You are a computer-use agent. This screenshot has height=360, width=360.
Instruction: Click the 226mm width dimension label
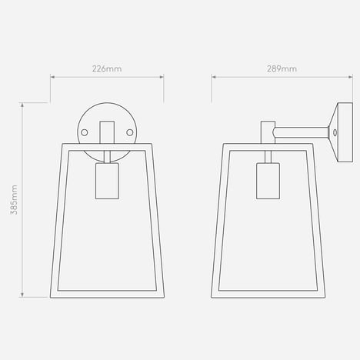click(107, 68)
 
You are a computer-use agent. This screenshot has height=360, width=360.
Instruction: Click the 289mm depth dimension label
click(282, 68)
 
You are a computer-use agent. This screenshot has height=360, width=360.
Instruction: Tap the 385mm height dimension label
click(14, 200)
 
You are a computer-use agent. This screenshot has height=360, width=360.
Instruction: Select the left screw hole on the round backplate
click(85, 132)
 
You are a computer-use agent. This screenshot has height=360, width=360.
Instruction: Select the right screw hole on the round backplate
click(130, 132)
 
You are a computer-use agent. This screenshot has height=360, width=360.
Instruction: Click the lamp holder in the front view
click(107, 181)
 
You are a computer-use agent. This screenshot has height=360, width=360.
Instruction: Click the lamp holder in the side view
click(268, 181)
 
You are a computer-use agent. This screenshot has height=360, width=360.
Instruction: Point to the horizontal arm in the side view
click(301, 132)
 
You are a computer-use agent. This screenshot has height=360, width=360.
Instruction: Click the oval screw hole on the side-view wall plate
click(335, 132)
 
